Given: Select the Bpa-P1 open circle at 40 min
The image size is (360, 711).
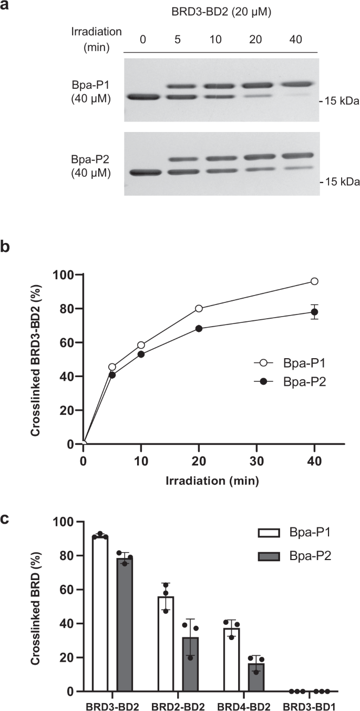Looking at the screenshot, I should [314, 281].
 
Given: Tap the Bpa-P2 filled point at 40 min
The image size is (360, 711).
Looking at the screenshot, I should [314, 312].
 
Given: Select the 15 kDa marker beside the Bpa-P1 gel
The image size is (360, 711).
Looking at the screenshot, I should [342, 101].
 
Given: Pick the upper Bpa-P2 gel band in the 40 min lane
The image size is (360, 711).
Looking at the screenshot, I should [296, 155].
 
